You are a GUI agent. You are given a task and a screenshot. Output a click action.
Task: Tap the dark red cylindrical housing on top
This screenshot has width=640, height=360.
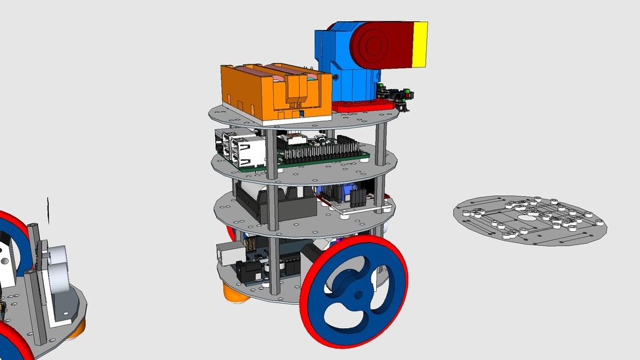point(381,45)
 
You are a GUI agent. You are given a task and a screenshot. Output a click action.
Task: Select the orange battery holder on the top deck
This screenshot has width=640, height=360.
point(275,94)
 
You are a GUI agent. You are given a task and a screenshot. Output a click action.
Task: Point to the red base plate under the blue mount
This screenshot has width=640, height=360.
point(353,107)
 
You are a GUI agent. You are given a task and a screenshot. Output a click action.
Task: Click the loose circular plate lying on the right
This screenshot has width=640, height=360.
point(529,218)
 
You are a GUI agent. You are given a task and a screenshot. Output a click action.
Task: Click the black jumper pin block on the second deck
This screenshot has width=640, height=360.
point(358,197)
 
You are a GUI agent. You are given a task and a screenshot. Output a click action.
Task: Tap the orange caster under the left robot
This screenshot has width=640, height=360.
point(76,329)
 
